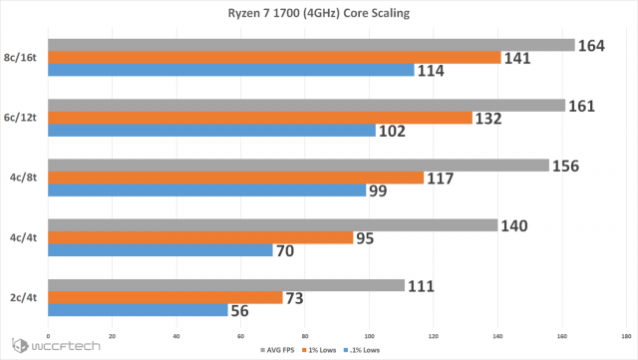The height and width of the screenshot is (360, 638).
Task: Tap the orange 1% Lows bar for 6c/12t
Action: point(259,118)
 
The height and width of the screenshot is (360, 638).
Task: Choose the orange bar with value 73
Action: point(164,297)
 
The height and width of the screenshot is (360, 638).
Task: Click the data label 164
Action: point(595,45)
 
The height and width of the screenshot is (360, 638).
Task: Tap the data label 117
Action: point(440,178)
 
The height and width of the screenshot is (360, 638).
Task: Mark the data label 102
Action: point(392,131)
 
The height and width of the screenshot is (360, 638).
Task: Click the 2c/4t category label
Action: point(24,297)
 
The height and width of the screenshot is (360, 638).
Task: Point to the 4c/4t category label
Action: point(24,237)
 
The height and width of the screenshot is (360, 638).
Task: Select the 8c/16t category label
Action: point(22,58)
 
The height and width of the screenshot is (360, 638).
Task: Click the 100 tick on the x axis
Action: point(370,335)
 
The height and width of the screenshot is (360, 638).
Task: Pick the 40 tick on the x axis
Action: point(176,335)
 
